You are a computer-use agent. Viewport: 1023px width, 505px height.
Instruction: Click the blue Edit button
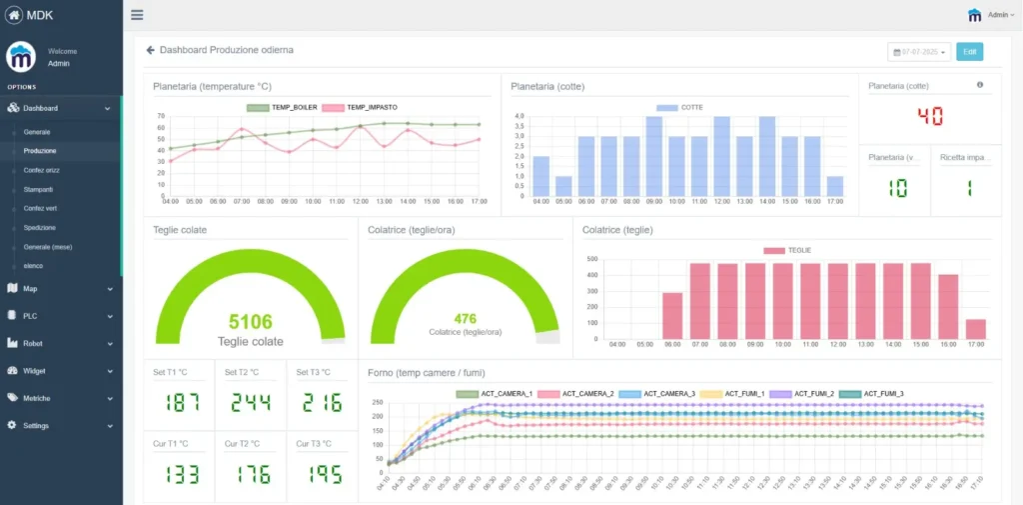click(x=969, y=51)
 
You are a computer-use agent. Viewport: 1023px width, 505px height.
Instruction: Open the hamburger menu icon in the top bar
click(x=137, y=15)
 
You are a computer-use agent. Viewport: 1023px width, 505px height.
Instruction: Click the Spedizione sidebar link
click(x=41, y=227)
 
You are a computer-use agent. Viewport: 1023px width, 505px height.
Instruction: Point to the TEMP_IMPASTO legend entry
click(x=358, y=107)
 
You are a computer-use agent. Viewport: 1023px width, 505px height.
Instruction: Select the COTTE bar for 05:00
click(x=563, y=186)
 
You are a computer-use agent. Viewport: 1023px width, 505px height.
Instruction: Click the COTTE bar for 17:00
click(x=835, y=186)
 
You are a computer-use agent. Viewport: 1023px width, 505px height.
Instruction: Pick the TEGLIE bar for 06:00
click(x=672, y=316)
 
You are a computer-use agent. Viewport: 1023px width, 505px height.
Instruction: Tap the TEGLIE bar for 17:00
click(x=976, y=330)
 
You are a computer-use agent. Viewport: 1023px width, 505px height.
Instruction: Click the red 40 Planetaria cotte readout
click(x=929, y=116)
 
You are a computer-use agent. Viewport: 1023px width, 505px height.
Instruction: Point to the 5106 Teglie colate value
click(x=251, y=322)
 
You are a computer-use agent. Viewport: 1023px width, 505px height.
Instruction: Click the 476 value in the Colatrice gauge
click(x=465, y=319)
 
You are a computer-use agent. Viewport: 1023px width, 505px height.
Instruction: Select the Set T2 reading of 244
click(x=251, y=403)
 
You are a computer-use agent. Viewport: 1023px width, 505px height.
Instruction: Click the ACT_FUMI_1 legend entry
click(x=738, y=394)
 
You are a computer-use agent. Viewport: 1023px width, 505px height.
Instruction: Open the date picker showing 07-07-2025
click(x=918, y=51)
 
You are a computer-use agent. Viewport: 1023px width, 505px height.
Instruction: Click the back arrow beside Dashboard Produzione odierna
click(x=150, y=49)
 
